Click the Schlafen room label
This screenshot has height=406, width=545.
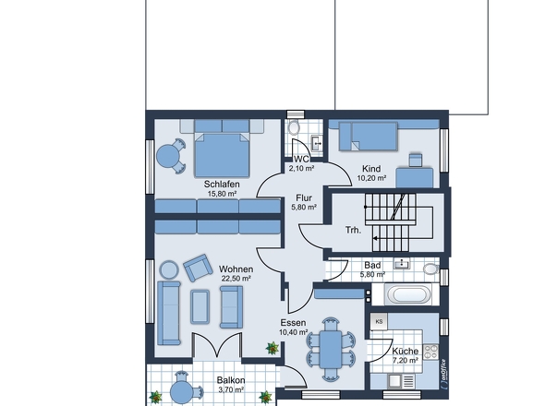click(x=222, y=184)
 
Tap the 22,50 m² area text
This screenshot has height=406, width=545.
click(x=236, y=279)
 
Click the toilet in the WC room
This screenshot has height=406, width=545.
click(x=294, y=127)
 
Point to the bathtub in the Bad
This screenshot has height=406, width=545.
click(x=407, y=294)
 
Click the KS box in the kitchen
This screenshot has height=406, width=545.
click(x=379, y=322)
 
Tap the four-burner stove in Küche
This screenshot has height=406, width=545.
click(x=430, y=352)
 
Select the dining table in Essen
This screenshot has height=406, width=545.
click(x=331, y=350)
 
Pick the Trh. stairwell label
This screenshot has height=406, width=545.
click(x=353, y=230)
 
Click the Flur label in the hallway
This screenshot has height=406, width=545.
click(x=304, y=198)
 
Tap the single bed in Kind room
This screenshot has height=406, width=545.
click(x=368, y=137)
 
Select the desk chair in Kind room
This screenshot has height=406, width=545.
click(x=416, y=160)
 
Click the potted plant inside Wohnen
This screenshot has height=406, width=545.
click(x=272, y=348)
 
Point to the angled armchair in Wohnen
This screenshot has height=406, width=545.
click(x=198, y=268)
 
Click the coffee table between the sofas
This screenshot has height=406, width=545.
click(x=200, y=307)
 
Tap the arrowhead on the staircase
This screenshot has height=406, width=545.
click(x=375, y=238)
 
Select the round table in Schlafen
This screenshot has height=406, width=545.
click(x=167, y=156)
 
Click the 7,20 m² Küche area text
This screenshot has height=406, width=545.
click(x=406, y=361)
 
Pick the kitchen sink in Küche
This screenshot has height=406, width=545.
click(x=401, y=381)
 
